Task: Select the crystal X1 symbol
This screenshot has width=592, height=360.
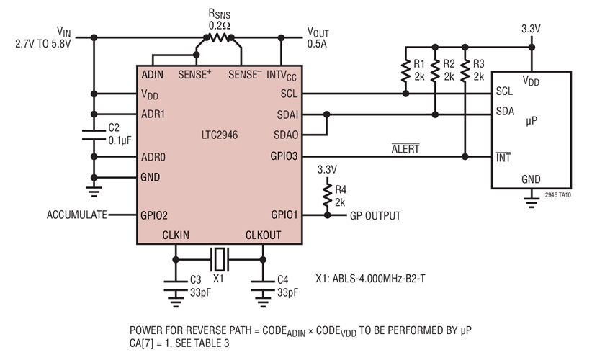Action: [219, 255]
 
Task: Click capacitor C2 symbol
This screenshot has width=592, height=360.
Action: [93, 133]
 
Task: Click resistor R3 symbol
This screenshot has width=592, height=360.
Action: [466, 71]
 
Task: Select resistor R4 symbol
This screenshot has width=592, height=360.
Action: [327, 194]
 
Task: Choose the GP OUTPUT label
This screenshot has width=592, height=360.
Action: [375, 215]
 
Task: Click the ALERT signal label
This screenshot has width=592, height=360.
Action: [405, 149]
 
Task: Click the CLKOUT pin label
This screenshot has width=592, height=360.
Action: [263, 235]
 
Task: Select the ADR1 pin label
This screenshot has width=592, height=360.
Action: [154, 114]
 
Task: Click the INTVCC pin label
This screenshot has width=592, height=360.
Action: [282, 74]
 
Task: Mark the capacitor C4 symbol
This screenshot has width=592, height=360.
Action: [263, 282]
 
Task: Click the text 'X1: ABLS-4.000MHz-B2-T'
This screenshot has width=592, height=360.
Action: [376, 276]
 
